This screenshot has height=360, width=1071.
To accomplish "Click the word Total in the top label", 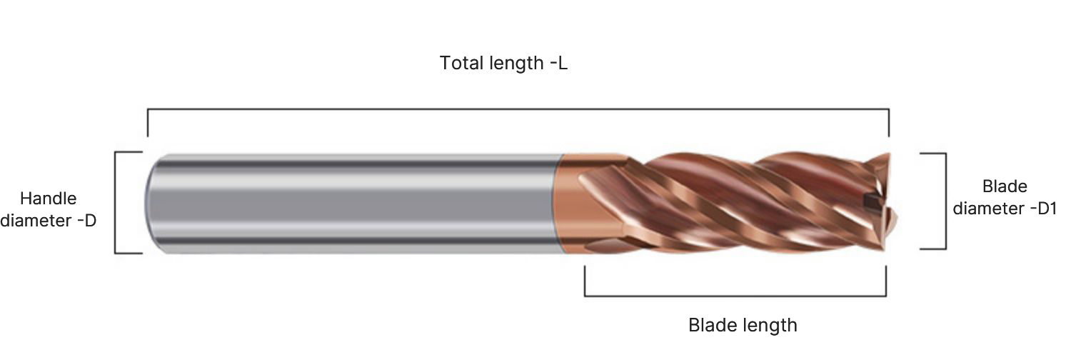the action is pyautogui.click(x=461, y=63).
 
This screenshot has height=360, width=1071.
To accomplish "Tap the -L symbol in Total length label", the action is pyautogui.click(x=559, y=63).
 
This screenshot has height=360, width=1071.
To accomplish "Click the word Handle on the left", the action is pyautogui.click(x=49, y=199).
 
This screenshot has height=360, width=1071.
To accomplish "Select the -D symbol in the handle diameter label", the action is pyautogui.click(x=87, y=221).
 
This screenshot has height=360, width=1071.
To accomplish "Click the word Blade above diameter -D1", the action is pyautogui.click(x=1005, y=186).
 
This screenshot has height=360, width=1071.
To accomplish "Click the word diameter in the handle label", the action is pyautogui.click(x=36, y=221).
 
